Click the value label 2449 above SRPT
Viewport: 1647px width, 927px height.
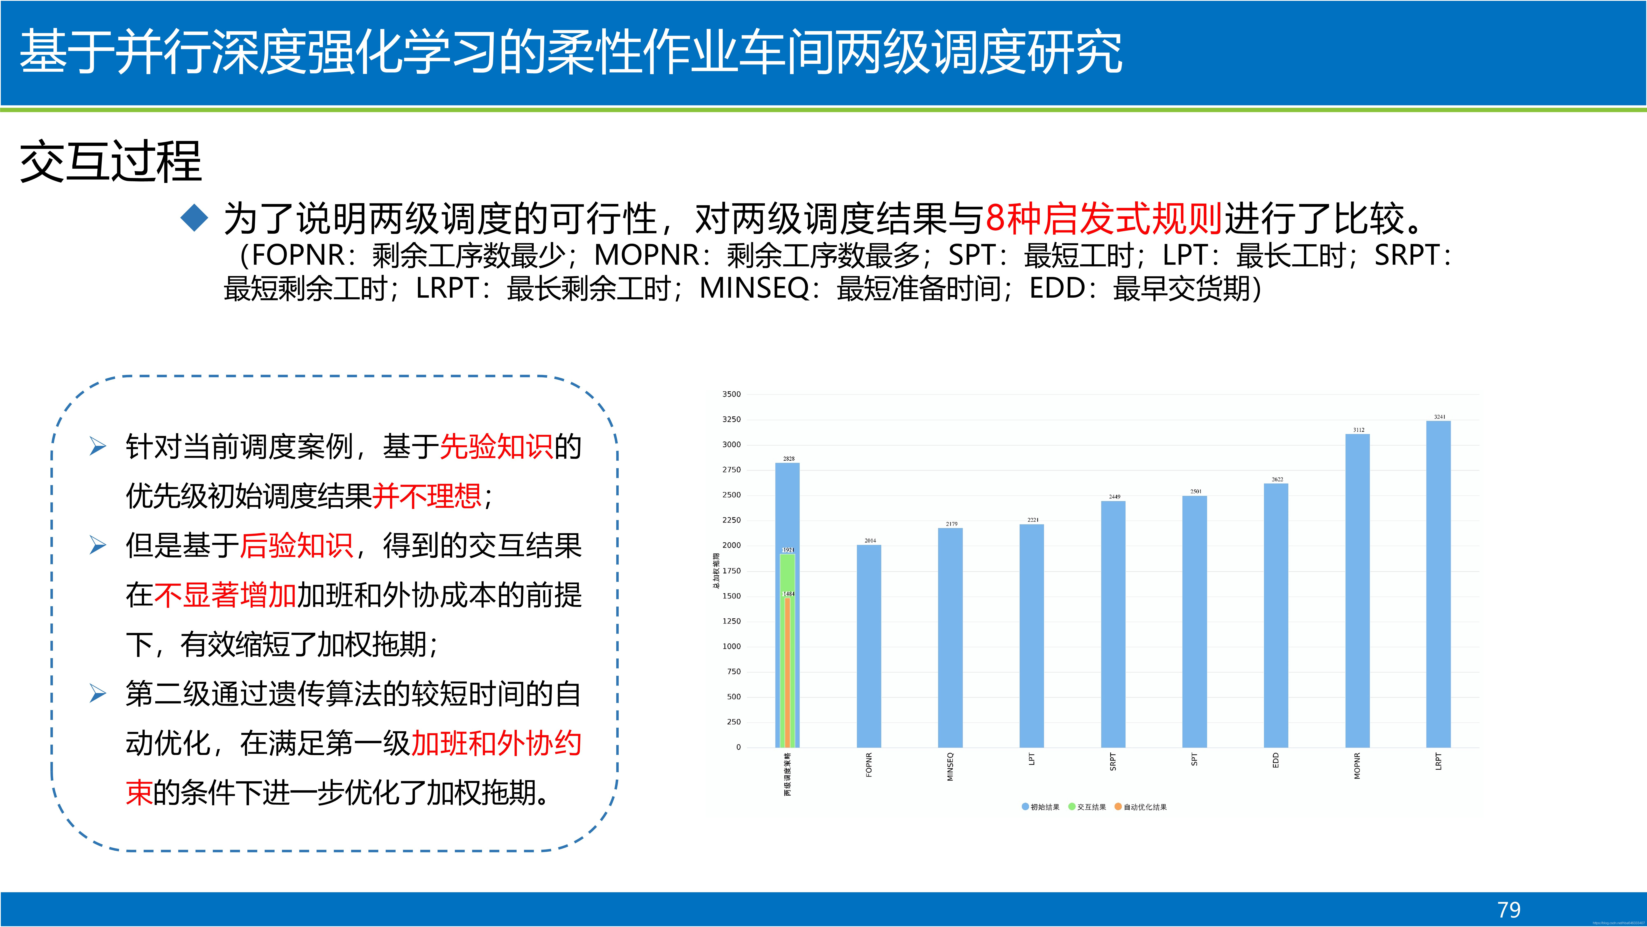(1114, 496)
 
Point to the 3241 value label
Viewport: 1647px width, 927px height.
(1439, 417)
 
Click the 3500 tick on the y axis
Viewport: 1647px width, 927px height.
(731, 394)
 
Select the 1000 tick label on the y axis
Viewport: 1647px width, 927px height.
(731, 646)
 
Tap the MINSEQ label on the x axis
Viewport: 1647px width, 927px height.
(950, 766)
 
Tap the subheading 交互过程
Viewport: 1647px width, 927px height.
(111, 162)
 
